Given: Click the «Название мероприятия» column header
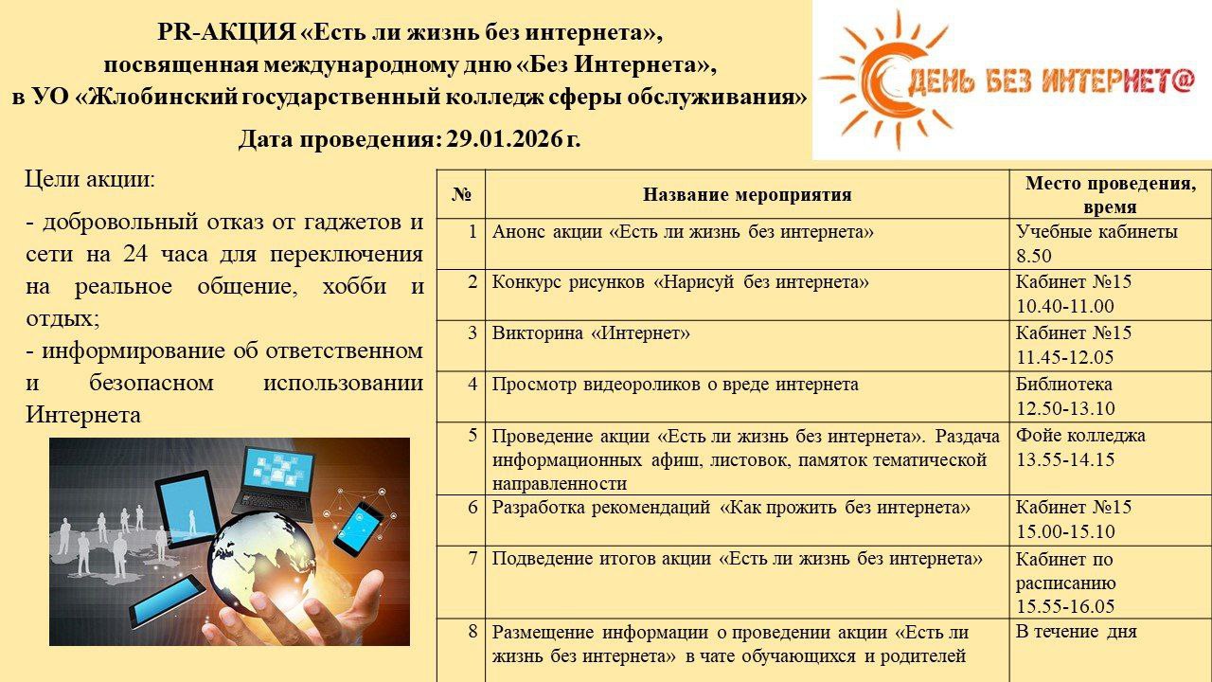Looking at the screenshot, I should click(747, 195).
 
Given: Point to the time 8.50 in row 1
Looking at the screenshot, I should click(1034, 256).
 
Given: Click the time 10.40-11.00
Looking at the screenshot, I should click(1064, 306).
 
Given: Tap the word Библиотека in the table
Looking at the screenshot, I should click(1063, 385).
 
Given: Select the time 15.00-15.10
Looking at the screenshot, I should click(1065, 531).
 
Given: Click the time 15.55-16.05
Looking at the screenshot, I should click(1065, 607).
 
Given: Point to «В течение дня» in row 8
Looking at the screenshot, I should click(1076, 632).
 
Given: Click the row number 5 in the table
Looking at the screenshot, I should click(472, 436).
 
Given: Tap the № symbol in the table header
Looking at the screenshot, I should click(461, 195).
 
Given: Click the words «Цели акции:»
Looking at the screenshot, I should click(90, 179).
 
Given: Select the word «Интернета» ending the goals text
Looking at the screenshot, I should click(83, 414).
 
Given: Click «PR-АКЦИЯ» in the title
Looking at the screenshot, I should click(225, 32).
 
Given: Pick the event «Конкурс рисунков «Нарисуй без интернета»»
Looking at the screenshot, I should click(680, 282).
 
